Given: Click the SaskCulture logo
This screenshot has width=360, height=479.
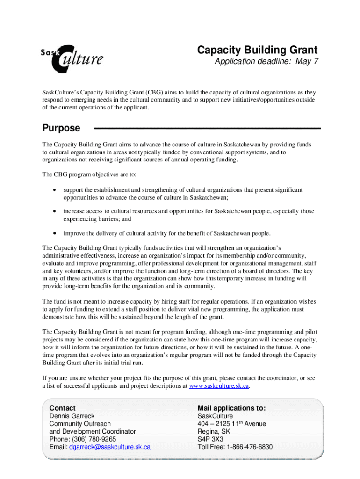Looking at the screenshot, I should point(72,58).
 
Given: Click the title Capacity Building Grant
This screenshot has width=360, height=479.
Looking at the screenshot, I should point(257,50).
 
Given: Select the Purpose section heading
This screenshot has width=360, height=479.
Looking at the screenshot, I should point(61,128).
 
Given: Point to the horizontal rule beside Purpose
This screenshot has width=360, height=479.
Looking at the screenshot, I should point(208,128).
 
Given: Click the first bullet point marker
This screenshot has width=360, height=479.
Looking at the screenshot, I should point(56,190).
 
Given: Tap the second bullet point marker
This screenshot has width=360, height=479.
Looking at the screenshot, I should point(56,211).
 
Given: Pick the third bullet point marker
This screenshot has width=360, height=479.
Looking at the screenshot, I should point(56,233).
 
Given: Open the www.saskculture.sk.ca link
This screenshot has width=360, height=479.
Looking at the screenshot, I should point(219,386).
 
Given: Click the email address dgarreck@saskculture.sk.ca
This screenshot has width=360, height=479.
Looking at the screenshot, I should point(109,447).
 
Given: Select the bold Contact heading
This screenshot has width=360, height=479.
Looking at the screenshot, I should point(62,408).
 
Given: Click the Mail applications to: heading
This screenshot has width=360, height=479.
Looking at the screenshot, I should point(231,408).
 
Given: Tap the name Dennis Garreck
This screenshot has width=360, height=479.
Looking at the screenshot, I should point(72,416).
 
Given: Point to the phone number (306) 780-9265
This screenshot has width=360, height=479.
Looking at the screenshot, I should point(92,439).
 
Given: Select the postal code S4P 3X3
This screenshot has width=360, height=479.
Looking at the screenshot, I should point(210,439).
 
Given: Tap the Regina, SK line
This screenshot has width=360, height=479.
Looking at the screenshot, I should point(214,431).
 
